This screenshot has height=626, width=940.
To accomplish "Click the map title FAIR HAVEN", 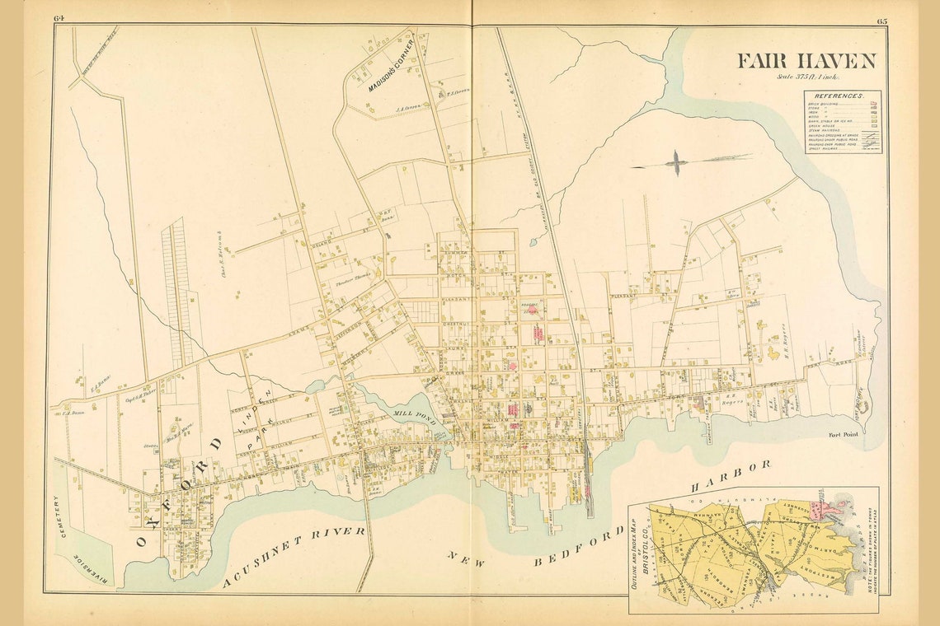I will tap(806, 62).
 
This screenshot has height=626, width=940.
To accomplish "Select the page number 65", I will tap(881, 20).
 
